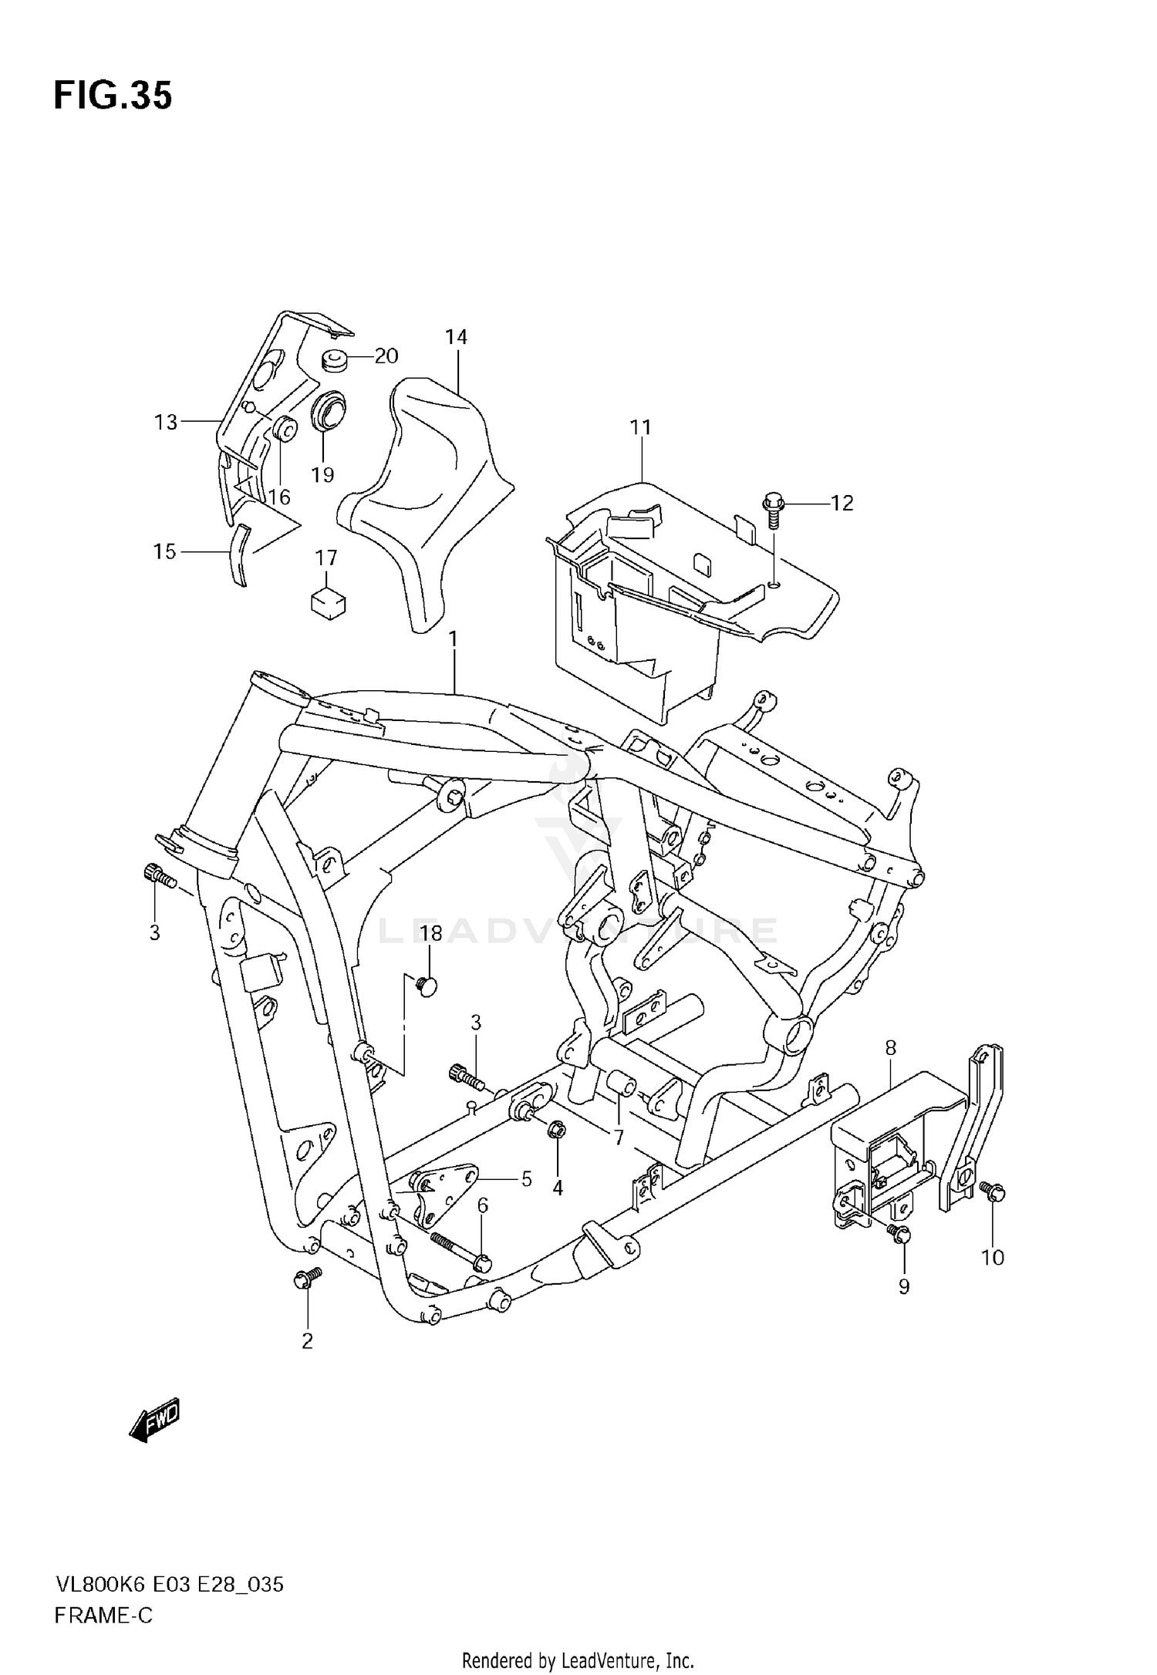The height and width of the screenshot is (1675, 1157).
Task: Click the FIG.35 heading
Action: [x=113, y=96]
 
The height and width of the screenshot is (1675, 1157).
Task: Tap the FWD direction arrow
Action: [x=155, y=1418]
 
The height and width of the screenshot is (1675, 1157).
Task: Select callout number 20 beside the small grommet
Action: [x=386, y=356]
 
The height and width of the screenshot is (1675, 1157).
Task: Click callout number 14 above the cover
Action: [x=456, y=337]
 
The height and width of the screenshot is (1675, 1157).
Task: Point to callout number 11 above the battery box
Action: [x=640, y=427]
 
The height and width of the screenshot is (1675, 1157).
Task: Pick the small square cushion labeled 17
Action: [x=327, y=602]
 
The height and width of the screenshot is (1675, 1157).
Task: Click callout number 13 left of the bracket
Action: [x=166, y=422]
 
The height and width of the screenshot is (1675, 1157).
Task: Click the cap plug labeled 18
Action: [x=426, y=985]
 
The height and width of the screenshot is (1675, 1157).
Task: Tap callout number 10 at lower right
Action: [x=992, y=1258]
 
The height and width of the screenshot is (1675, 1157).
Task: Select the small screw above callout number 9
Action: [x=897, y=1232]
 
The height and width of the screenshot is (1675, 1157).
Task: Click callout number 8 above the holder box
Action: [x=891, y=1048]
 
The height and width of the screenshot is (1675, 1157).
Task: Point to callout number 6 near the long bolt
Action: [x=483, y=1205]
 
